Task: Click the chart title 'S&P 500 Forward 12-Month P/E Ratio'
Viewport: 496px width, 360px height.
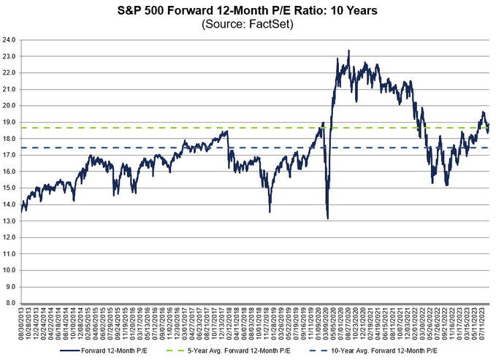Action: (248, 11)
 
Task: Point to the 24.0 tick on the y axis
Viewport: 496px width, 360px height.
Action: (12, 39)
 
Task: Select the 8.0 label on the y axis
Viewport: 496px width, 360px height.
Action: (13, 302)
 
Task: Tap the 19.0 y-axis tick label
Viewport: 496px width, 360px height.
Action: (12, 121)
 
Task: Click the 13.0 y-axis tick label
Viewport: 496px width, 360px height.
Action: (12, 220)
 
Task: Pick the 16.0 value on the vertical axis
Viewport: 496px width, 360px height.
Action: (12, 171)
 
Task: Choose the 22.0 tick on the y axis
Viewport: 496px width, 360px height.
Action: (12, 72)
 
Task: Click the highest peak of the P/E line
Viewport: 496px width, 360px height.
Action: (348, 51)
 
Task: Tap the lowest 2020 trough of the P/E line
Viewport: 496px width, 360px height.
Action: (328, 218)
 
